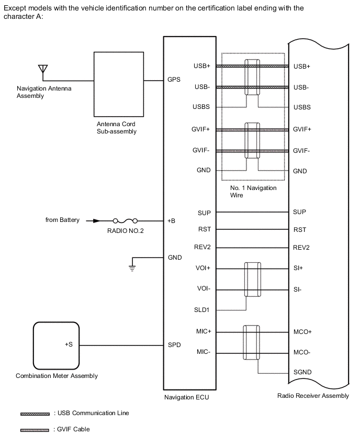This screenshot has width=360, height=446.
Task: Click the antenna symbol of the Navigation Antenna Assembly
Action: point(43,69)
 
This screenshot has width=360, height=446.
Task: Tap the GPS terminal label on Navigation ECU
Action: point(174,81)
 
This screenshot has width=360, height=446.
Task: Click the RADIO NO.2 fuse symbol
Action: point(125,220)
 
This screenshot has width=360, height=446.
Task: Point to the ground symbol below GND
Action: point(133,269)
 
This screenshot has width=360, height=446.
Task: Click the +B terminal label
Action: point(172,220)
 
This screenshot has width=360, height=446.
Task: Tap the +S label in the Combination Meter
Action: point(69,345)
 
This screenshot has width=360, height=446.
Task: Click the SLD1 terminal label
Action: point(201,310)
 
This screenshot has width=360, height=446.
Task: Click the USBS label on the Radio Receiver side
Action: point(302,107)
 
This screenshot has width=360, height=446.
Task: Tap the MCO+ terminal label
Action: point(302,332)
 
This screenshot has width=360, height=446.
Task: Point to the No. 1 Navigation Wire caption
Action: point(253,191)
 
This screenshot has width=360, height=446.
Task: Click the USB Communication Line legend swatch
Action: point(35,414)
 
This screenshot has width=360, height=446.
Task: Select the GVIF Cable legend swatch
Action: point(35,430)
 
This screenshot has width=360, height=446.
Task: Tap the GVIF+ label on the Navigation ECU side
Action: point(201,129)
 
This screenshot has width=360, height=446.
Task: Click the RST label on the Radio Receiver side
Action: point(300,230)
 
